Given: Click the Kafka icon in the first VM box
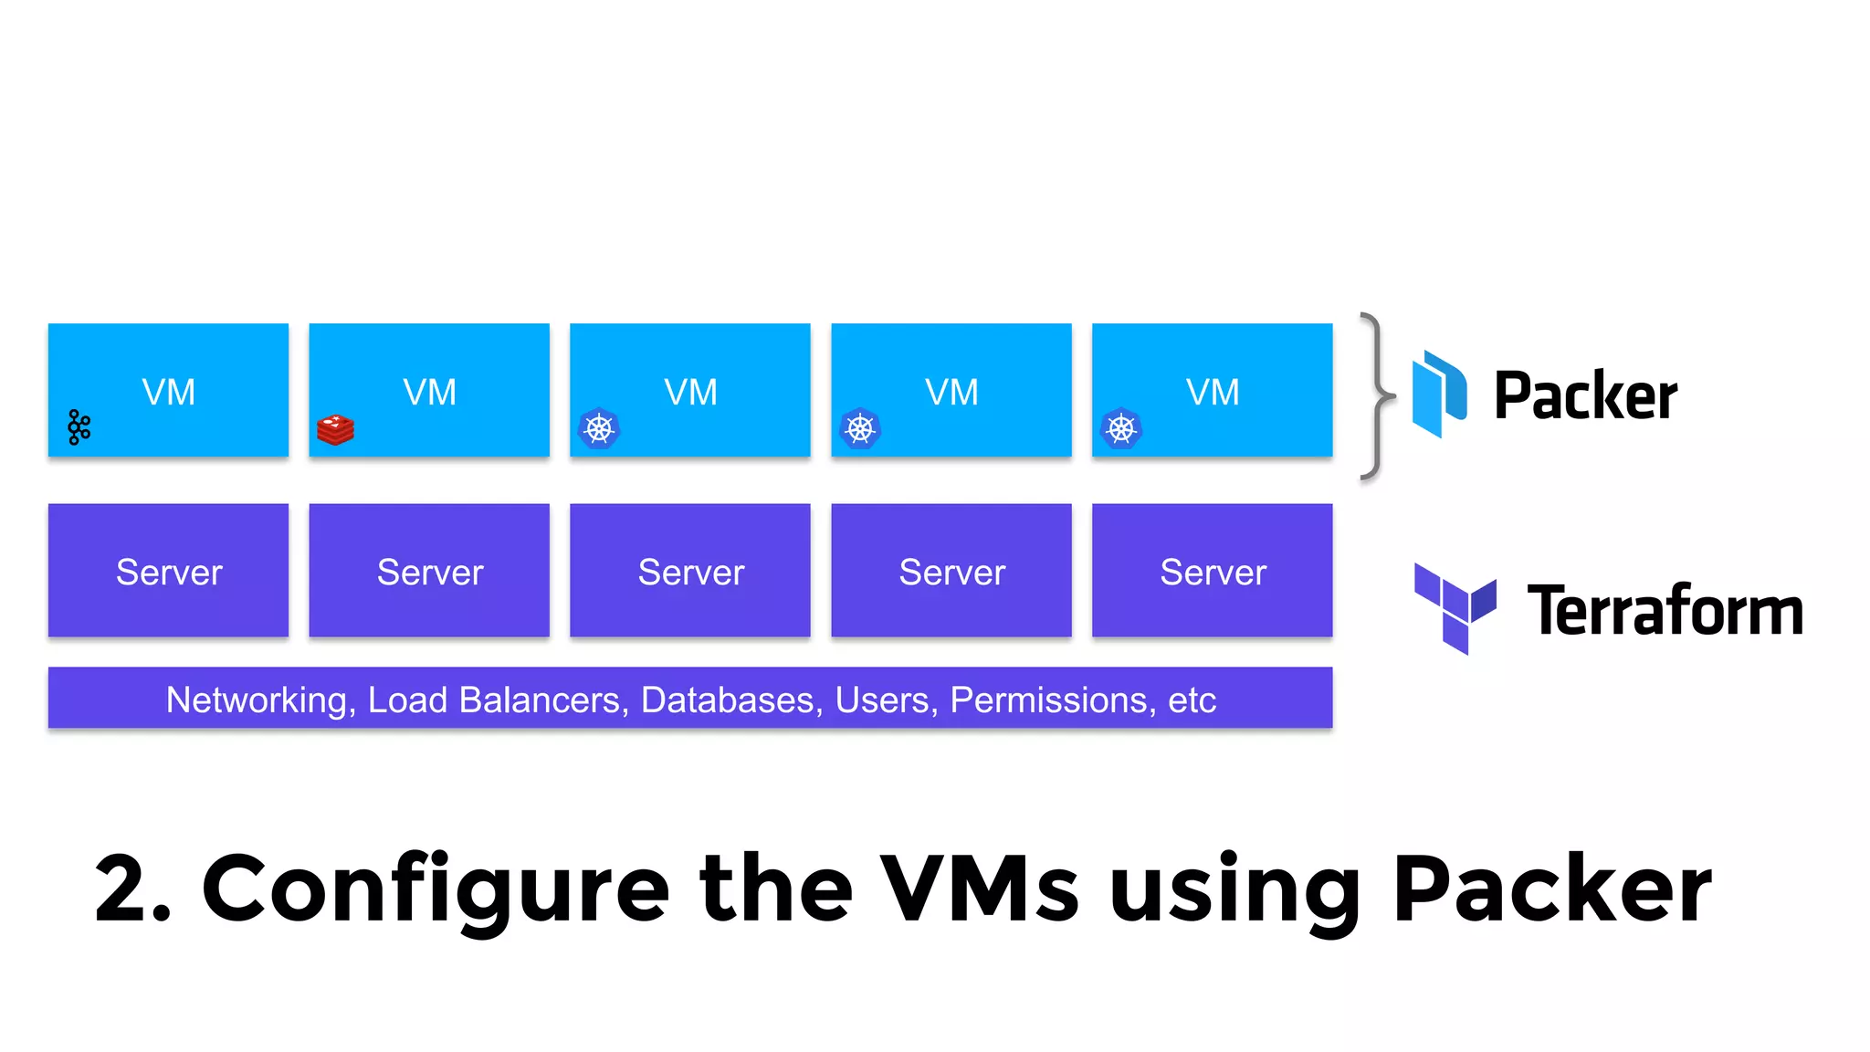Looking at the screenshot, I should click(79, 426).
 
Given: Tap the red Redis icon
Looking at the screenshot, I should click(335, 429).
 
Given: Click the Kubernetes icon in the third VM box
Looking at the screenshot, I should click(599, 428).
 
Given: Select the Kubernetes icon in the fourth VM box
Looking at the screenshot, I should click(860, 428).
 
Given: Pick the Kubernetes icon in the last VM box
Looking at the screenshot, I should click(1121, 428).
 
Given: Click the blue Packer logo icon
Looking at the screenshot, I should click(1439, 394).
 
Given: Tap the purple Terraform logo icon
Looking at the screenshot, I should click(1455, 608).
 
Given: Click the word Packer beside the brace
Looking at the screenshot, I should click(1585, 396).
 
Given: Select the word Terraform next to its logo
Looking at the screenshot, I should click(1665, 610).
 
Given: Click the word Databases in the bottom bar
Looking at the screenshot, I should click(727, 700).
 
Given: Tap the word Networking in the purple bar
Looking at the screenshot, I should click(256, 700).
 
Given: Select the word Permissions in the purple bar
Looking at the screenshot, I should click(1048, 700).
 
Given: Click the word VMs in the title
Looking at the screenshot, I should click(979, 889).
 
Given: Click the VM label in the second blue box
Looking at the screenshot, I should click(429, 393).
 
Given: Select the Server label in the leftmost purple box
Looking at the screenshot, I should click(169, 573).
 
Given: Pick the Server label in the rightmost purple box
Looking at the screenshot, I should click(1213, 573).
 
